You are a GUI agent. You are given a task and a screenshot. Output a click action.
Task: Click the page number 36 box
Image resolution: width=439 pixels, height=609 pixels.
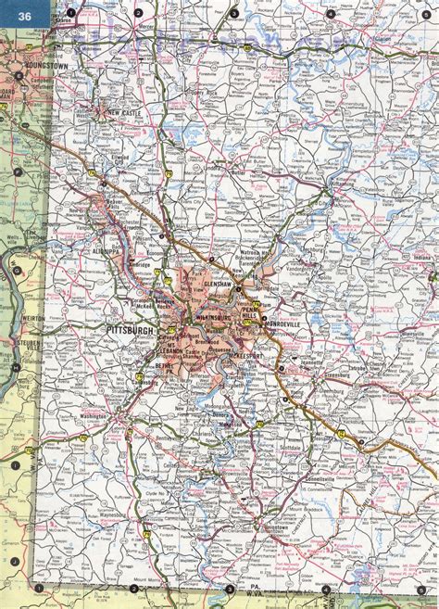(x=19, y=16)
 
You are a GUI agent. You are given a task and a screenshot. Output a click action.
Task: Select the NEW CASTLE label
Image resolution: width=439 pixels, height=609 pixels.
(x=126, y=113)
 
